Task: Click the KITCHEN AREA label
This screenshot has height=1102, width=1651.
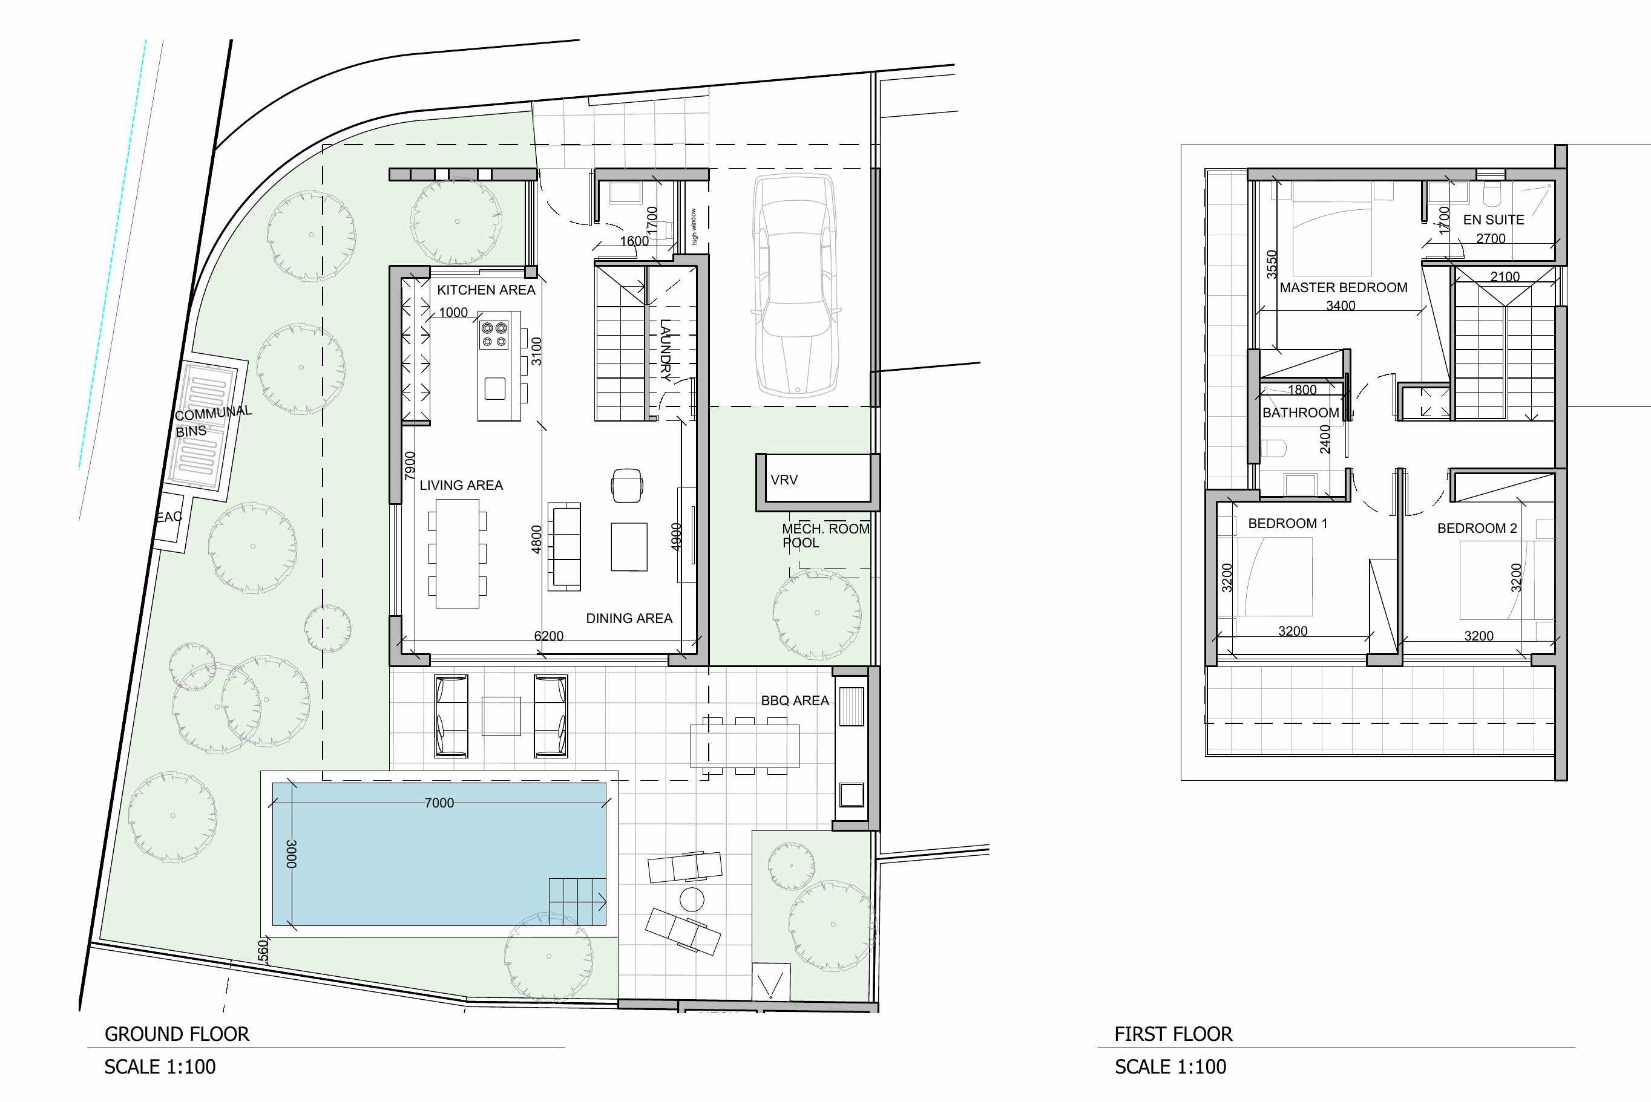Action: [x=486, y=290]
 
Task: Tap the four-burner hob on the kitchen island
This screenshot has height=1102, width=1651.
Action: [x=494, y=334]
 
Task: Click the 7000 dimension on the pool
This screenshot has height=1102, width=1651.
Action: [x=439, y=803]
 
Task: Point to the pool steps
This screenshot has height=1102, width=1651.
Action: [x=577, y=901]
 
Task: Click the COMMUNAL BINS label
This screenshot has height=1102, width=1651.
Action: [x=211, y=422]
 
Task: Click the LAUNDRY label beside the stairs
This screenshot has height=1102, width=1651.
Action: [x=665, y=350]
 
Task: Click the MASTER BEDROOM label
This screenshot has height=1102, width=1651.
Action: [x=1343, y=287]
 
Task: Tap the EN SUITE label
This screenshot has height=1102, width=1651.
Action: [x=1494, y=220]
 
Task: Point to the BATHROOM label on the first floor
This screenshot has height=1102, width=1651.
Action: [x=1301, y=412]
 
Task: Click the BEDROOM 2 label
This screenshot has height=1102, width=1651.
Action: [x=1477, y=529]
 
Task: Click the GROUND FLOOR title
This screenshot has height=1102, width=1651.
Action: [x=177, y=1034]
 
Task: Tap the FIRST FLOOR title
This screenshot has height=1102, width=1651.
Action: [x=1173, y=1034]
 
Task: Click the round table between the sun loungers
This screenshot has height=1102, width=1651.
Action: [x=692, y=899]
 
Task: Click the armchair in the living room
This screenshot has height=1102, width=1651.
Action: [x=626, y=486]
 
